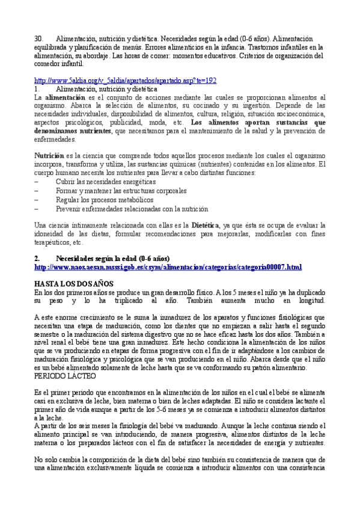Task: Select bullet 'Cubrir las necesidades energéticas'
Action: tap(105, 181)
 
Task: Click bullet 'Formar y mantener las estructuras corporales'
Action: tap(122, 190)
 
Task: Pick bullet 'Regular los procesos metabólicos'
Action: tap(104, 200)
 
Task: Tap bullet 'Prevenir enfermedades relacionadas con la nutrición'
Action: tap(132, 209)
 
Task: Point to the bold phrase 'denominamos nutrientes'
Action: tap(73, 131)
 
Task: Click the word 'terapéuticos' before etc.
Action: tap(52, 242)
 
